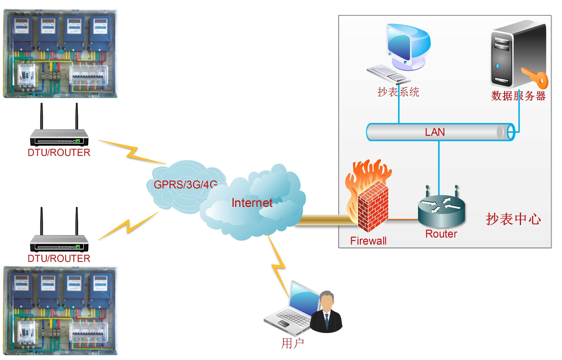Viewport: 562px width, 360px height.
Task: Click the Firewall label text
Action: point(368,241)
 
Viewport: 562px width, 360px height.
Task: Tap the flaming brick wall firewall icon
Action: point(369,199)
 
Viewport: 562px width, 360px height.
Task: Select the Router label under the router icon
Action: point(441,234)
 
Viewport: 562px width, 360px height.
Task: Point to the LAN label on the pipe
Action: point(435,132)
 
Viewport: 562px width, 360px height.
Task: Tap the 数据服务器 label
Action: point(518,96)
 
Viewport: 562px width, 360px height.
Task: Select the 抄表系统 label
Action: point(398,92)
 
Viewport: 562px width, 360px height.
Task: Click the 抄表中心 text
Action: point(513,219)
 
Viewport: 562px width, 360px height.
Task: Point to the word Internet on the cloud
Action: point(252,203)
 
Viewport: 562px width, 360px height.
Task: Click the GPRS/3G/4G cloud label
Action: point(185,185)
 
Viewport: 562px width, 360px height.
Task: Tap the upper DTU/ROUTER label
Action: point(59,153)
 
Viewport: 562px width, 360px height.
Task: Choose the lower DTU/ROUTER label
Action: point(59,258)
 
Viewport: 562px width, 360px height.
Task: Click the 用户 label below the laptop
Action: point(293,343)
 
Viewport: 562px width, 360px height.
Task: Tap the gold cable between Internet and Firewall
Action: point(325,220)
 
